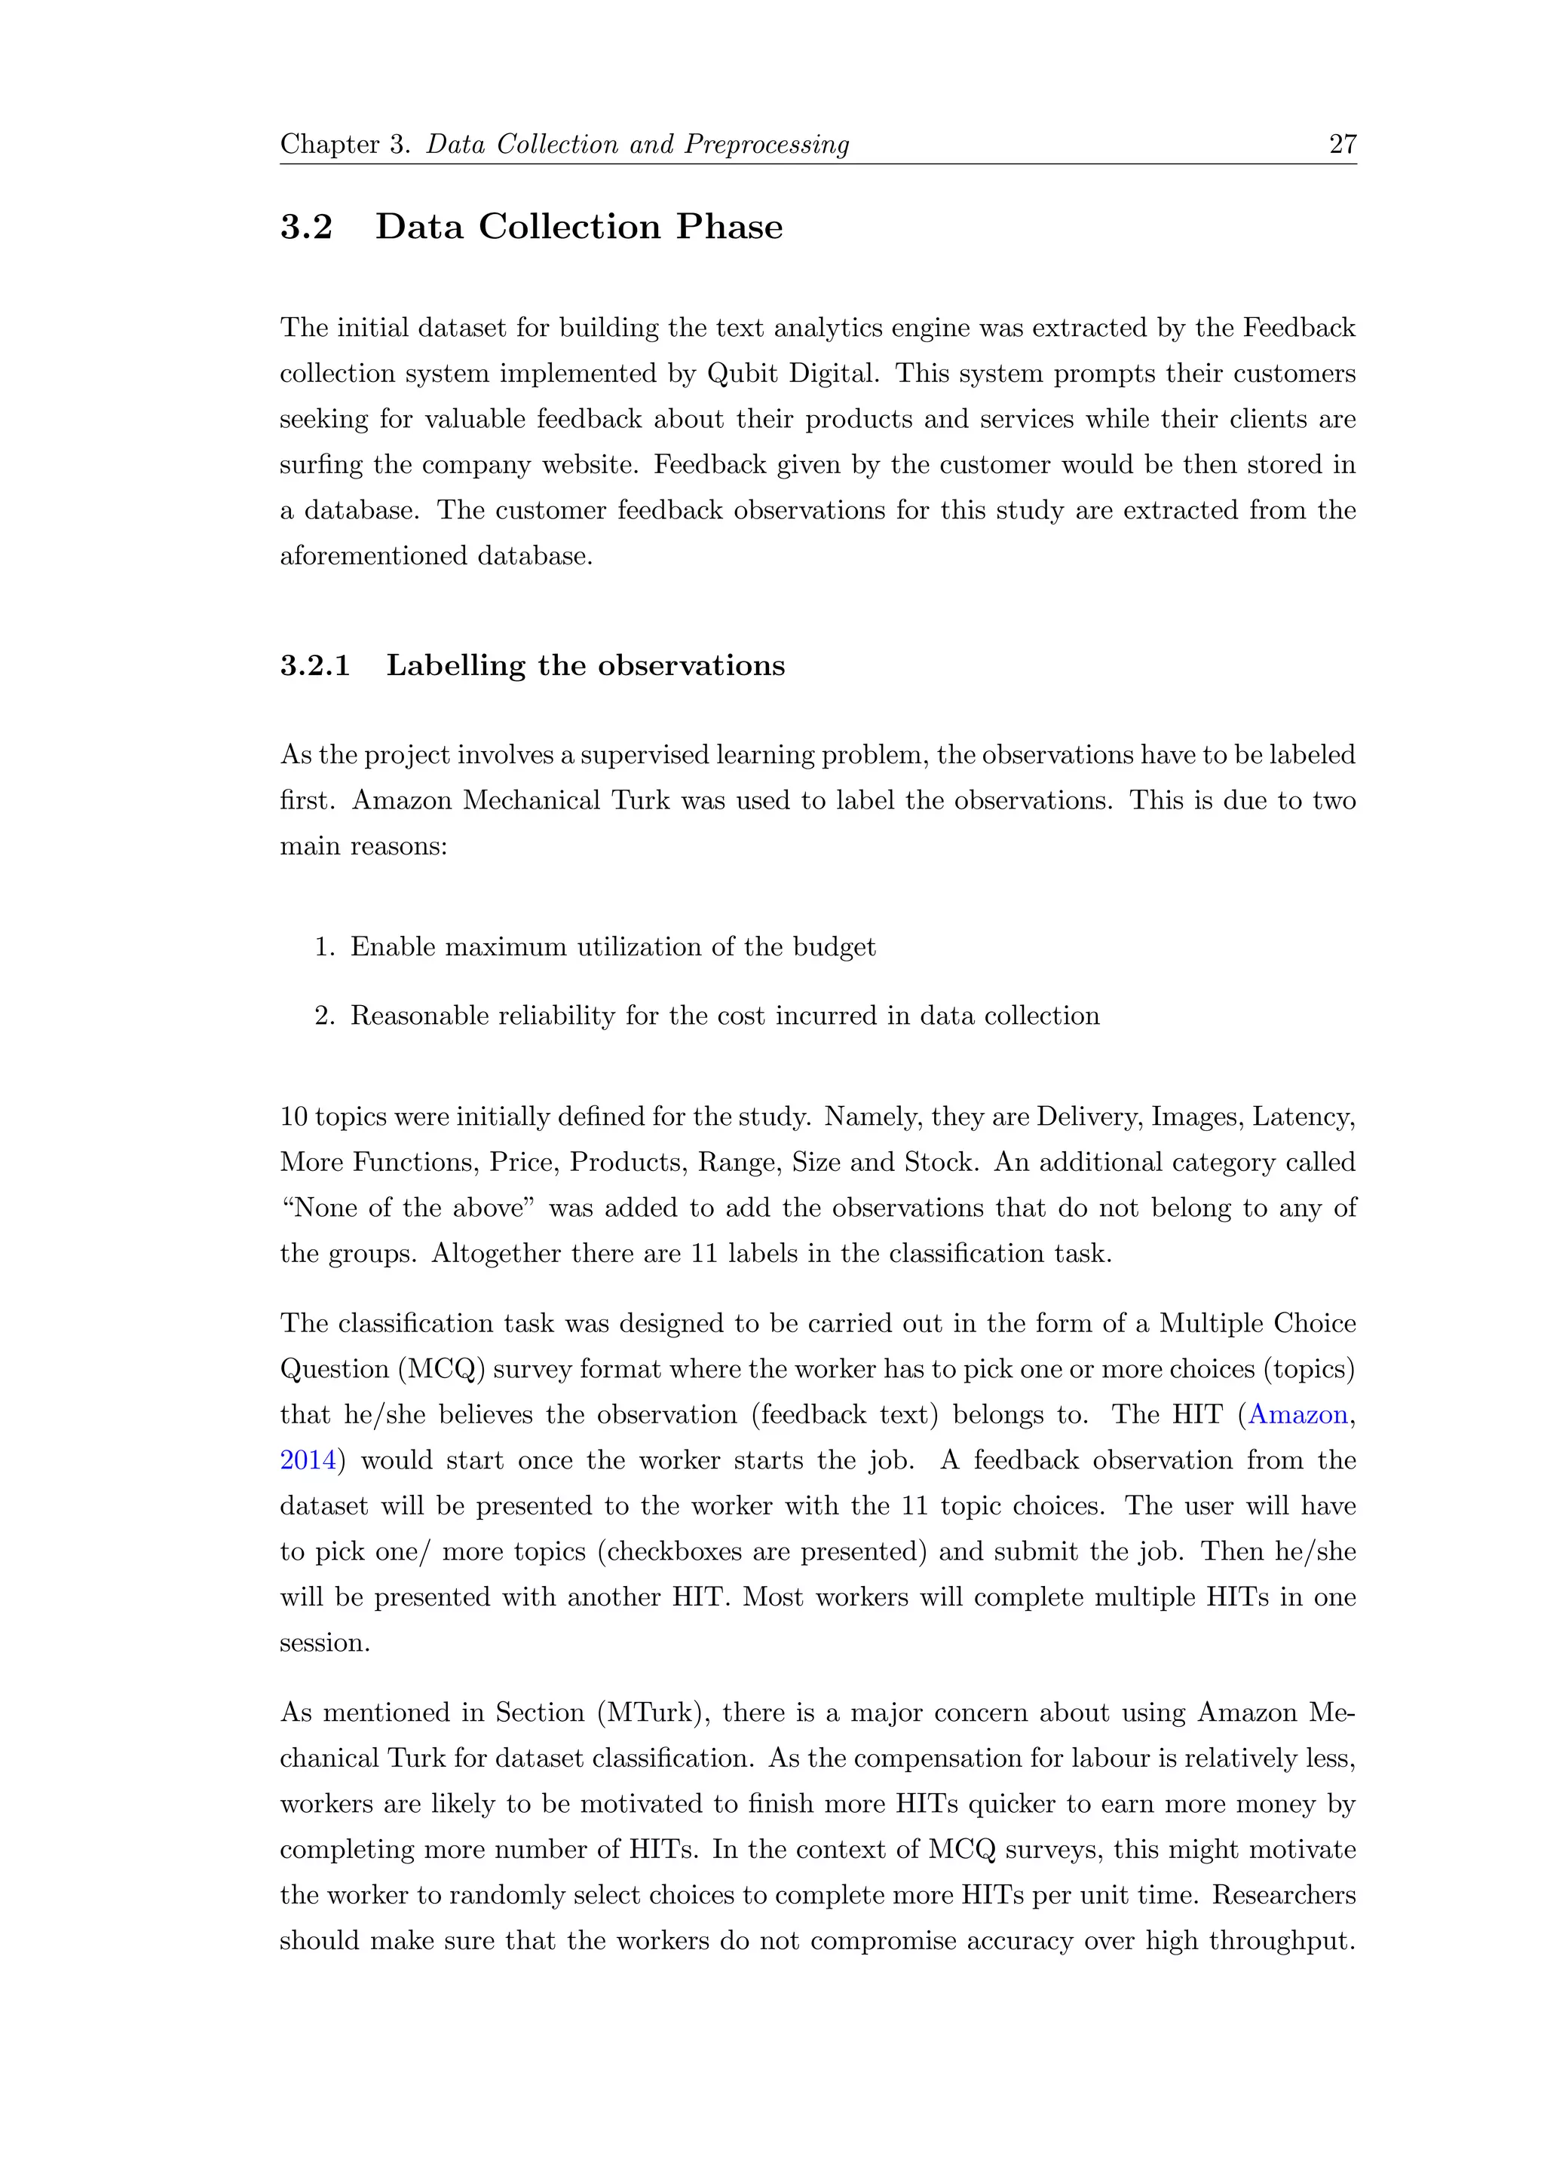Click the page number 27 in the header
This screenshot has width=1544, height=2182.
tap(1341, 145)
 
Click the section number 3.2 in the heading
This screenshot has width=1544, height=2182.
tap(306, 227)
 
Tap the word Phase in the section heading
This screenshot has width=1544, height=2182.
tap(729, 227)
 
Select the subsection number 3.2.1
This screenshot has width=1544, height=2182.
tap(314, 665)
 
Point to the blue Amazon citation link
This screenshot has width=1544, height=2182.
tap(1297, 1415)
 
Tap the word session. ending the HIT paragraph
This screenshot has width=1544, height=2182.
tap(324, 1643)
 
